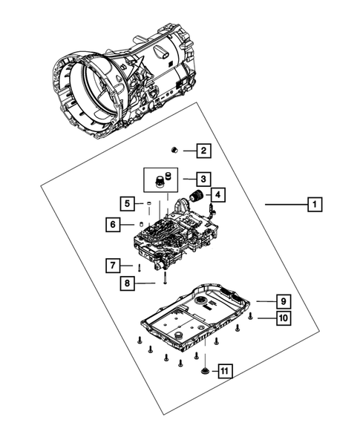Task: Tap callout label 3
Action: pos(203,179)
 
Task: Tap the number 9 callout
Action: pos(283,301)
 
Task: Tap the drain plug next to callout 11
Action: pos(203,369)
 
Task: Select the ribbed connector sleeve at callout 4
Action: pos(197,197)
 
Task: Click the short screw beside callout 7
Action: pos(138,266)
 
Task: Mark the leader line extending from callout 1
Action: pos(286,203)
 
